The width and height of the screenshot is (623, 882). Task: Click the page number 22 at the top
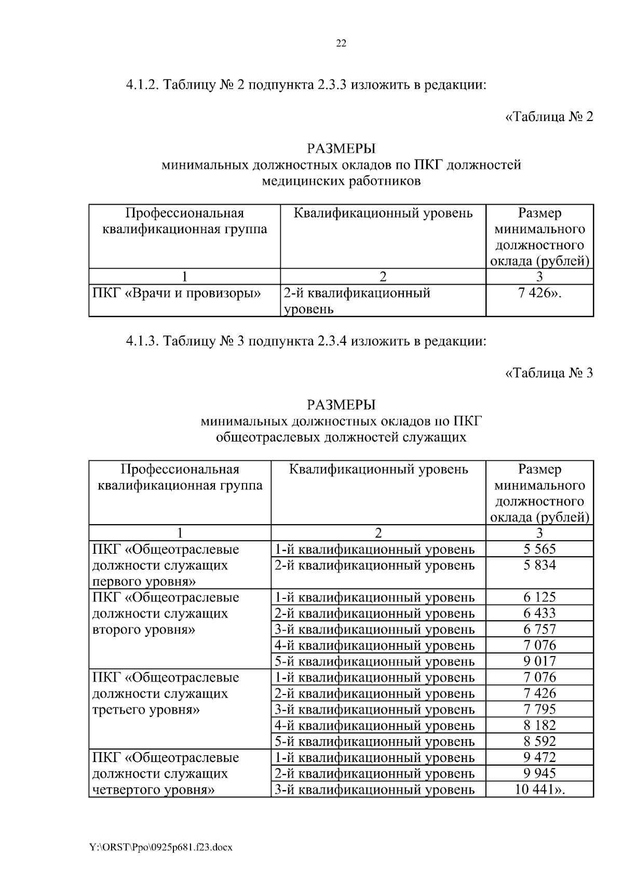[x=341, y=44]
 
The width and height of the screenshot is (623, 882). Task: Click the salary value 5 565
[x=539, y=549]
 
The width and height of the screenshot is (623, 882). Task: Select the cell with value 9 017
[x=539, y=661]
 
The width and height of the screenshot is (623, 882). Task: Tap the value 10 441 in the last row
[x=539, y=790]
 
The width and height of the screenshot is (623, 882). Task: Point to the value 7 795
[x=539, y=709]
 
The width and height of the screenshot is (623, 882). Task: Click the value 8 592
[x=539, y=741]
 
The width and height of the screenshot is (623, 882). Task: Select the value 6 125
[x=539, y=597]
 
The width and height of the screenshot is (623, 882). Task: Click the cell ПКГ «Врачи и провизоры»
[x=177, y=293]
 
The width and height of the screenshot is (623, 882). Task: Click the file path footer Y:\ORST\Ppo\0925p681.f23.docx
[x=161, y=847]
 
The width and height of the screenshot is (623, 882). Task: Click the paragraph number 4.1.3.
[x=143, y=341]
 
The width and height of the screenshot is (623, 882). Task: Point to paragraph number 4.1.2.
[x=143, y=85]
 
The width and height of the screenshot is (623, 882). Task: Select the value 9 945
[x=539, y=773]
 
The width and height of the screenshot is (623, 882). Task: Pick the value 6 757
[x=539, y=629]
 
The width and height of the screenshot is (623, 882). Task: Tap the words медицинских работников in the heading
[x=341, y=181]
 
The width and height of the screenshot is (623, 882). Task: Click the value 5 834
[x=539, y=565]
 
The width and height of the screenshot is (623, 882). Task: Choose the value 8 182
[x=539, y=725]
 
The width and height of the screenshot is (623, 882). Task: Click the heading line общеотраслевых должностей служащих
[x=341, y=437]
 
